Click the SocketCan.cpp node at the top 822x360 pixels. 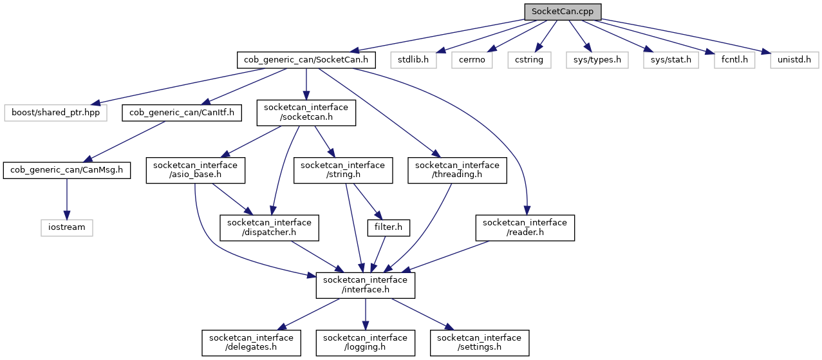(x=563, y=12)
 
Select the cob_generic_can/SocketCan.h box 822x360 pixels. (x=306, y=61)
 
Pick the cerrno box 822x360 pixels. (x=472, y=61)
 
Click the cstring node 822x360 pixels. (x=529, y=61)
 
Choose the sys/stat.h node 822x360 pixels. (x=670, y=61)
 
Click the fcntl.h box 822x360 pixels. (x=733, y=61)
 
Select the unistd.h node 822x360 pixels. (x=794, y=61)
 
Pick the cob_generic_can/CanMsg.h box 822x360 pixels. (x=66, y=171)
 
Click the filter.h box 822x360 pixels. (x=389, y=227)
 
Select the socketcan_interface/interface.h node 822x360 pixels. (x=365, y=285)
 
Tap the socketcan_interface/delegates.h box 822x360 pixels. (x=251, y=342)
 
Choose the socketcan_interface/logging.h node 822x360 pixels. (x=365, y=342)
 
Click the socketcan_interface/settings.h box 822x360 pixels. (x=480, y=342)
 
